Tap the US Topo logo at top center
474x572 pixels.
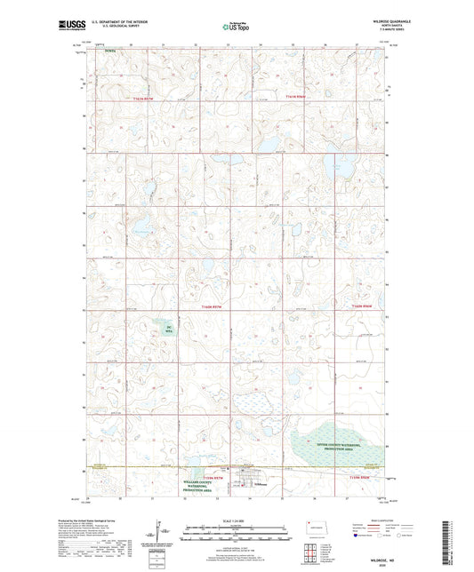tap(235, 28)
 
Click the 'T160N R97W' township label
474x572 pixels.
tap(207, 306)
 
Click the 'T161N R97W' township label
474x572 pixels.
tap(142, 99)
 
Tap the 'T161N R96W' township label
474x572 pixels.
tap(294, 96)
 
